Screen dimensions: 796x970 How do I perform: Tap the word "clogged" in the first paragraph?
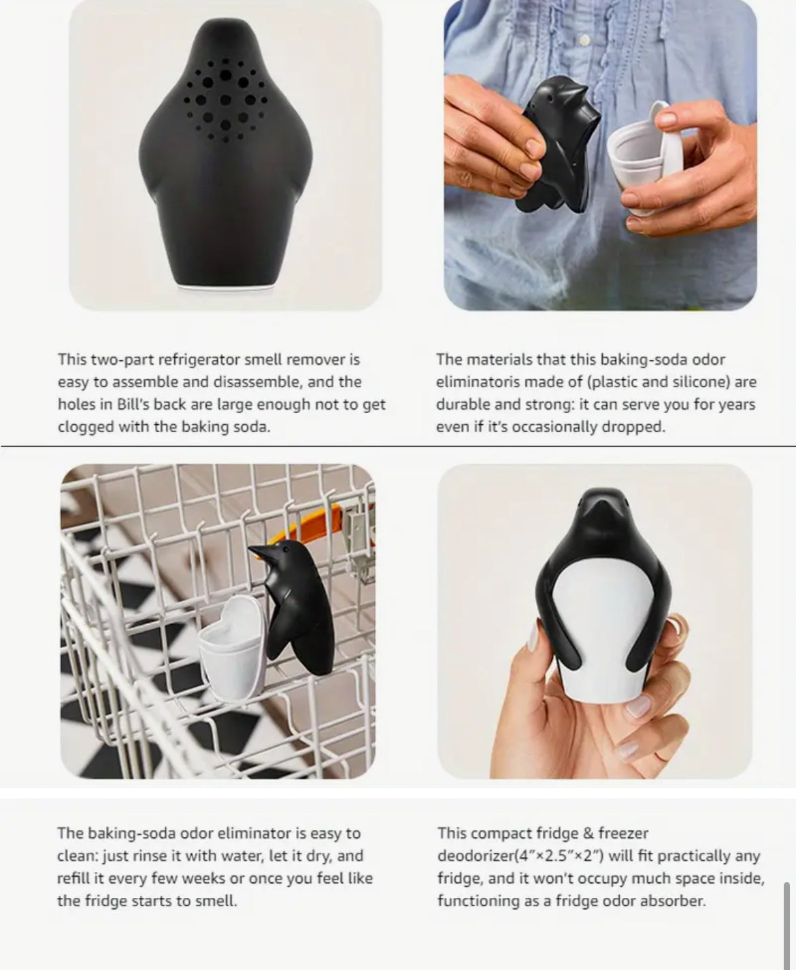86,427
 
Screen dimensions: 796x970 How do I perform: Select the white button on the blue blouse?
584,39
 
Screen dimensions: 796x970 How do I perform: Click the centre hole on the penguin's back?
225,100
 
